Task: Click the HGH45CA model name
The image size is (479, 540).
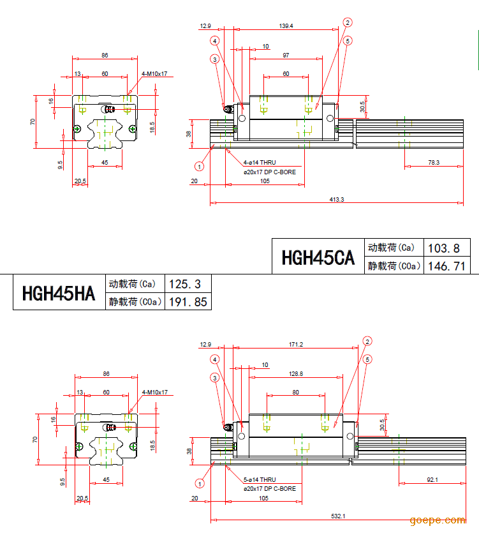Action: coord(318,257)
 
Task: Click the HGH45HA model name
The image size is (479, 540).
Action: coord(59,293)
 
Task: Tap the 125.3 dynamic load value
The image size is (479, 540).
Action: coord(188,283)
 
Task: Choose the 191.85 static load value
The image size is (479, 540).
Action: coord(188,302)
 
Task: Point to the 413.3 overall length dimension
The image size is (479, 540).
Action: coord(336,200)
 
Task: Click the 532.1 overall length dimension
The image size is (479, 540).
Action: coord(339,516)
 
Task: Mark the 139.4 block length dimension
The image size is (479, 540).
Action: coord(286,26)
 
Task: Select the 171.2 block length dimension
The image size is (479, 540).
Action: coord(295,345)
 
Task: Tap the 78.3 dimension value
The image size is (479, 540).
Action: coord(433,163)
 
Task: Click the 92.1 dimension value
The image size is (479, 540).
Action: coord(432,479)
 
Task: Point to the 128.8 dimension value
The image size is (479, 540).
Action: coord(295,374)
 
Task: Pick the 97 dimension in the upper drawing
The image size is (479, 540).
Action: coord(286,56)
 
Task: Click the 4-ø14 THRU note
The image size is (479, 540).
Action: coord(260,163)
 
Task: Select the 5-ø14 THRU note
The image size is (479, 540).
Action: coord(260,479)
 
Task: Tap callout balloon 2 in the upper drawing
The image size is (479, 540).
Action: coord(347,22)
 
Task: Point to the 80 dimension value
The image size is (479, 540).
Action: coord(295,392)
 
